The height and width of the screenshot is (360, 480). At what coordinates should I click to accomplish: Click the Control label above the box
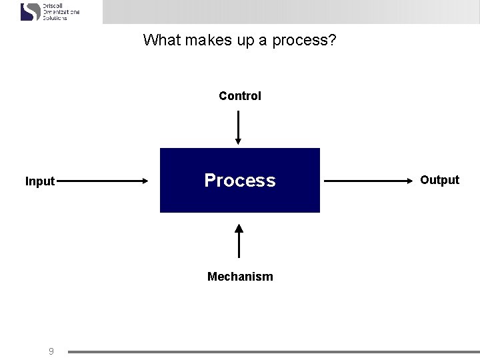(240, 96)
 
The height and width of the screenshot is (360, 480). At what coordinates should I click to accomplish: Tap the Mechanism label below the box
(240, 277)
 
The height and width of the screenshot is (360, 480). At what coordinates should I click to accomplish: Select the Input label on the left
(40, 181)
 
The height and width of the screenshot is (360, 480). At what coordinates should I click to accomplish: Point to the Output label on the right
(439, 180)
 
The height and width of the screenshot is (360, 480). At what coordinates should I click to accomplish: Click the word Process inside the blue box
(240, 181)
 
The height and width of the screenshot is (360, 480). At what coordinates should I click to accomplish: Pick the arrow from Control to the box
(239, 127)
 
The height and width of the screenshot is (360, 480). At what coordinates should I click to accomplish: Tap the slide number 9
(51, 351)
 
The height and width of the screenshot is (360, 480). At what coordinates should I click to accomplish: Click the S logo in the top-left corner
(31, 11)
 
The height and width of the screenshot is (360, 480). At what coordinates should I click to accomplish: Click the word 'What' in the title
(161, 41)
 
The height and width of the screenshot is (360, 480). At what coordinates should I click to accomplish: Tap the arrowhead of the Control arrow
(239, 141)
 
